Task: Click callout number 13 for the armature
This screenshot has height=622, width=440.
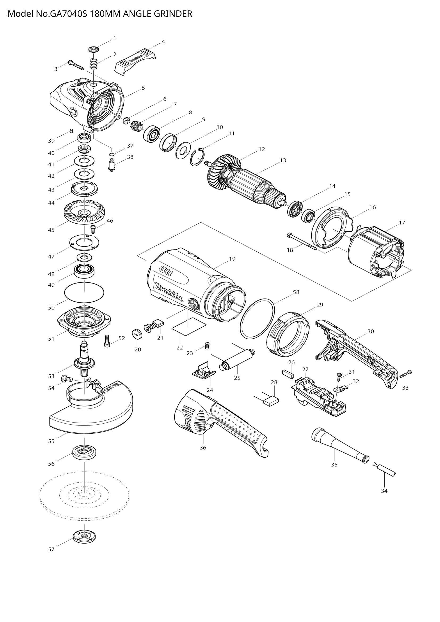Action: click(283, 160)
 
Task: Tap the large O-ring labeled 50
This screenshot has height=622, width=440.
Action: click(84, 292)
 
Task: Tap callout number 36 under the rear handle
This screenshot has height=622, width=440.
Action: click(203, 448)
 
